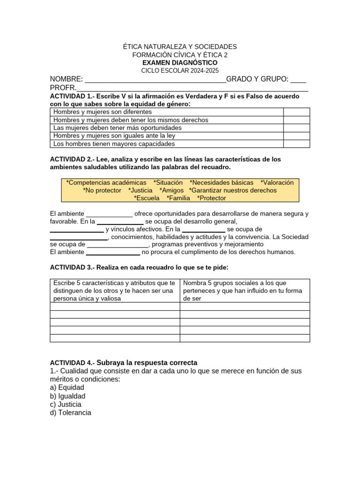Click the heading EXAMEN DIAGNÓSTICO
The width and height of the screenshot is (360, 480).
180,63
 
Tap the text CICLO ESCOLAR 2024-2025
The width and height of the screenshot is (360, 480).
180,71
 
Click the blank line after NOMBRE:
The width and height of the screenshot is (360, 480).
155,80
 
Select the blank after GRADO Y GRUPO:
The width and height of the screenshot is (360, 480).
299,80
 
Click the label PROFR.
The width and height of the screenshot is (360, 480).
63,88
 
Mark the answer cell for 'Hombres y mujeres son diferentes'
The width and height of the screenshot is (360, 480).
296,112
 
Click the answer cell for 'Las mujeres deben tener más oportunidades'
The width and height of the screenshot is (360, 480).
296,128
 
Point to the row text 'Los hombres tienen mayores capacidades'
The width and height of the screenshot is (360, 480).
114,144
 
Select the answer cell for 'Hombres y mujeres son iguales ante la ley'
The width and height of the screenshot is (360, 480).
296,136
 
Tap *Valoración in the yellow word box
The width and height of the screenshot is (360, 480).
277,182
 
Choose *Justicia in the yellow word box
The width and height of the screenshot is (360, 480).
140,190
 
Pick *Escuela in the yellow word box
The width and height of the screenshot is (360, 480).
147,198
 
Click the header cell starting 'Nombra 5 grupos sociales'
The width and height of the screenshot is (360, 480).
244,291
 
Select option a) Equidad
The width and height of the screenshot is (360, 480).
67,388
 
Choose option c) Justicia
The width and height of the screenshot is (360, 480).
66,405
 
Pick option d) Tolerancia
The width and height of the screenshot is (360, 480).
70,413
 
